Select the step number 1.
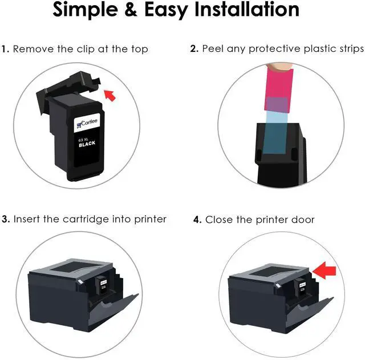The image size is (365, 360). (x=5, y=49)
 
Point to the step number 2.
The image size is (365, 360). (x=194, y=49)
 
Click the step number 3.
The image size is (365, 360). (x=5, y=219)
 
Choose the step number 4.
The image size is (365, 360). (x=197, y=219)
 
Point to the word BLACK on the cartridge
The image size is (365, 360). (x=87, y=145)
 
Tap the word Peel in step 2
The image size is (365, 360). (x=212, y=49)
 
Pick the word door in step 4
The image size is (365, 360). (x=303, y=219)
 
